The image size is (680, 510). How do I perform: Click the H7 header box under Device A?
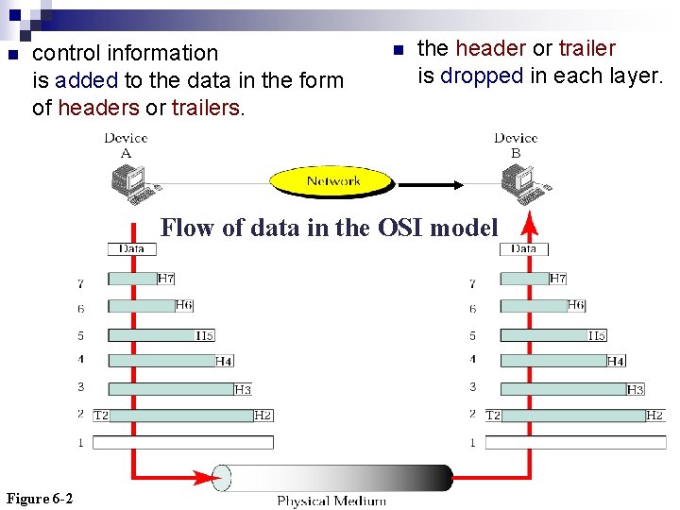pos(165,279)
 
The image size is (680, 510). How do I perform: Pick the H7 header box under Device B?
pos(557,279)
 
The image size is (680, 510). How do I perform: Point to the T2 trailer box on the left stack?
pos(101,416)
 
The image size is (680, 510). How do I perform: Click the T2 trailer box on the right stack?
pos(493,416)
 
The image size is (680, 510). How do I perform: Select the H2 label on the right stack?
pos(654,416)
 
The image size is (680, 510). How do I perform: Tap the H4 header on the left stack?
pos(224,361)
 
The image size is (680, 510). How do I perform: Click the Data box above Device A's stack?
pos(131,248)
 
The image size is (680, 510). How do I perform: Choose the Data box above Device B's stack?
pos(523,248)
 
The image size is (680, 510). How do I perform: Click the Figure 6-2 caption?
pos(40,499)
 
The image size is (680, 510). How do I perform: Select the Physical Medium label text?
pos(331,501)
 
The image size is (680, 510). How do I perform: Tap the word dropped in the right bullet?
pos(482,76)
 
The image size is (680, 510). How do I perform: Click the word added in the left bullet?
pos(87,80)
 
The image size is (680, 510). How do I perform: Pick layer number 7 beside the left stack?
pos(80,282)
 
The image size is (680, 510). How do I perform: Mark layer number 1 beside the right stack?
pos(472,442)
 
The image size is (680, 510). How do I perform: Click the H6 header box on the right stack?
pos(576,305)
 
